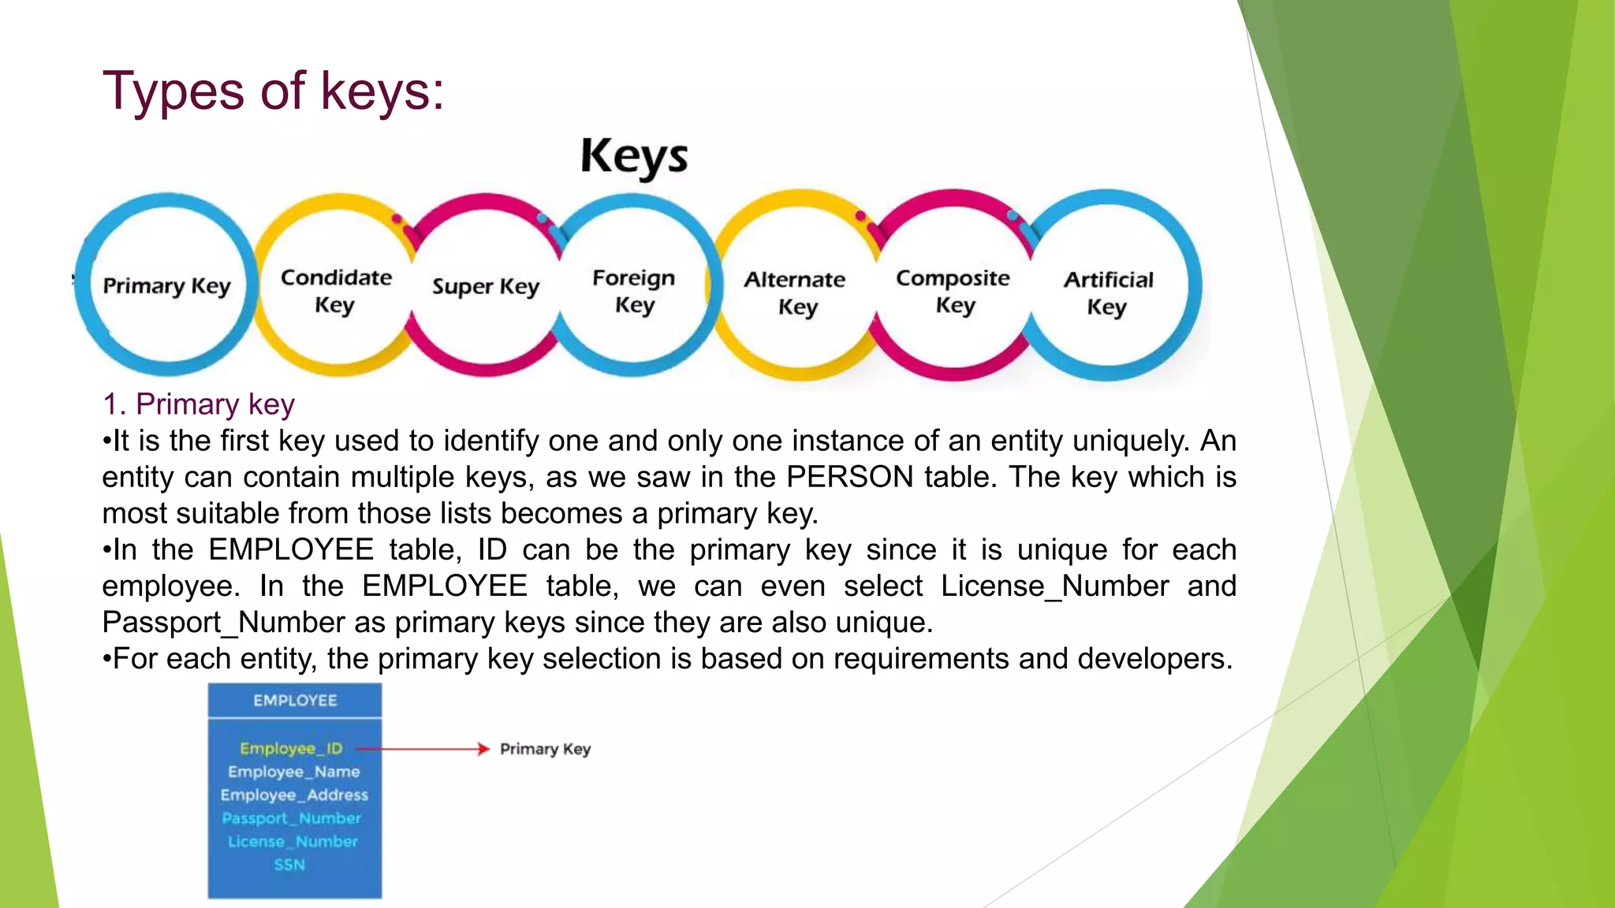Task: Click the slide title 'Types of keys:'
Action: pyautogui.click(x=273, y=91)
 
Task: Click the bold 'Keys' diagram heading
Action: pyautogui.click(x=634, y=156)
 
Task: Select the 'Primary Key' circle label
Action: pyautogui.click(x=166, y=285)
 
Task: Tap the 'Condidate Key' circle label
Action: pyautogui.click(x=336, y=290)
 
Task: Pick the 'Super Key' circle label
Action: pyautogui.click(x=485, y=287)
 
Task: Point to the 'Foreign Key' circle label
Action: pyautogui.click(x=634, y=290)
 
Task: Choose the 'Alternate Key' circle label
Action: pyautogui.click(x=795, y=292)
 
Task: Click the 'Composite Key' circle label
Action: pyautogui.click(x=953, y=290)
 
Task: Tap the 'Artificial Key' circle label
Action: pyautogui.click(x=1108, y=292)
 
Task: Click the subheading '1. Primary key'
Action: pyautogui.click(x=199, y=404)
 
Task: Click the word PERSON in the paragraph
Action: pyautogui.click(x=850, y=478)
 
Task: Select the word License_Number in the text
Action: pyautogui.click(x=1054, y=586)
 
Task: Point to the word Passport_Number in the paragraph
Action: pyautogui.click(x=223, y=623)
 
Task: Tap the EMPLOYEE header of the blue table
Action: pyautogui.click(x=295, y=701)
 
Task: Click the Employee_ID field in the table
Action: pyautogui.click(x=291, y=748)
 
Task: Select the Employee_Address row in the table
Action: pyautogui.click(x=294, y=794)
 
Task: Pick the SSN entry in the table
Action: pyautogui.click(x=289, y=865)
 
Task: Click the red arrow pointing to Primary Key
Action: pyautogui.click(x=426, y=749)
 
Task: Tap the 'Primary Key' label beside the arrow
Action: pyautogui.click(x=545, y=749)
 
